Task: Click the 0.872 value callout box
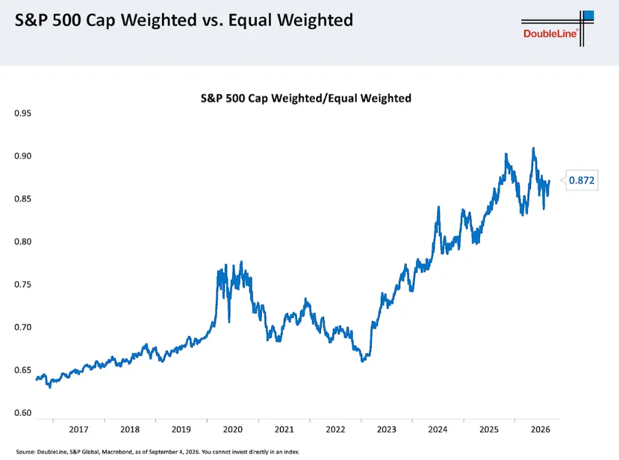point(582,180)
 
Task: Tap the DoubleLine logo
point(557,28)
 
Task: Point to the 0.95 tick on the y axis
point(23,113)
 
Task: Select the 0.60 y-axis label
point(23,413)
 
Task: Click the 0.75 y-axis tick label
point(23,284)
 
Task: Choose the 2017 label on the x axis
point(79,430)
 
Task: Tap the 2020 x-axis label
point(233,430)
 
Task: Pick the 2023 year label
point(386,430)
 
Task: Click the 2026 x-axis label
point(540,430)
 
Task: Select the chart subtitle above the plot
point(306,99)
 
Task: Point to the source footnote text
point(158,452)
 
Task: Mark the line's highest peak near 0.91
point(533,148)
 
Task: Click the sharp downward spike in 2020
point(229,321)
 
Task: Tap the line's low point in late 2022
point(363,361)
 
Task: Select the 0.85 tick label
point(23,199)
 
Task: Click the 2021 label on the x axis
point(284,430)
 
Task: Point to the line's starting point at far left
point(36,379)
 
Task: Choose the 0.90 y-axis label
point(23,156)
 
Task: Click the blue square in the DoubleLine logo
point(589,15)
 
